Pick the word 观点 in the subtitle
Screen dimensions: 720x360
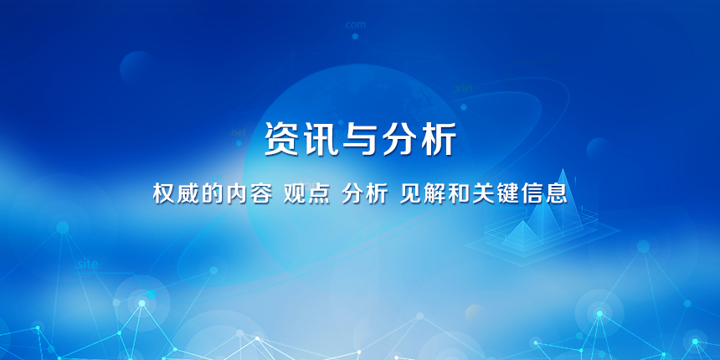pyautogui.click(x=306, y=194)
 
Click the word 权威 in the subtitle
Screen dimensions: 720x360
pyautogui.click(x=177, y=194)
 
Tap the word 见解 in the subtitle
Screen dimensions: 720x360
pyautogui.click(x=423, y=194)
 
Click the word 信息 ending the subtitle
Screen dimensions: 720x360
pyautogui.click(x=544, y=194)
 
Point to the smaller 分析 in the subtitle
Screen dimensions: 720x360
pyautogui.click(x=364, y=194)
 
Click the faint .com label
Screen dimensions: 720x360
pyautogui.click(x=355, y=25)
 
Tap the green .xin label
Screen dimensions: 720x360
pyautogui.click(x=463, y=88)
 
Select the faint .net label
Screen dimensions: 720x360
pyautogui.click(x=239, y=132)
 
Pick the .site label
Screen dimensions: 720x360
pyautogui.click(x=87, y=265)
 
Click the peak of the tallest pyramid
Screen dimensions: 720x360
pyautogui.click(x=563, y=169)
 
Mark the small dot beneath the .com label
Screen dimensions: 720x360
pyautogui.click(x=355, y=36)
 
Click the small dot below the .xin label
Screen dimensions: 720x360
pyautogui.click(x=464, y=107)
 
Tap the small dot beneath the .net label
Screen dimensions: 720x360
pyautogui.click(x=239, y=143)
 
